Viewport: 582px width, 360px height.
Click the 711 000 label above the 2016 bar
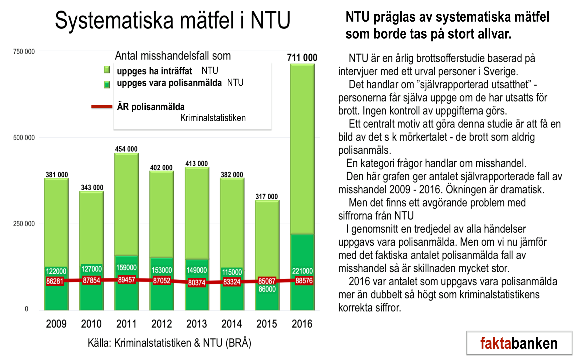click(302, 58)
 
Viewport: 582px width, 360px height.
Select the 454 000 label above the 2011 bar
click(126, 149)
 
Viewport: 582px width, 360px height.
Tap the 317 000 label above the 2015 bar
click(266, 197)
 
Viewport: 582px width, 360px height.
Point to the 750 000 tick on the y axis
click(24, 52)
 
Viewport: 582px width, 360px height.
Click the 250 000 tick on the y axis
click(24, 224)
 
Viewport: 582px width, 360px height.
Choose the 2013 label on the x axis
click(196, 324)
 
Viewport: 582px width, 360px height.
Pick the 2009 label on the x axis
click(56, 324)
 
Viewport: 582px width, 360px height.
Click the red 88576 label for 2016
click(304, 281)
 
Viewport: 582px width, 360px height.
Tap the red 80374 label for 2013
click(196, 282)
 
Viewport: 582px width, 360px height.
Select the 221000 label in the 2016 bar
click(302, 271)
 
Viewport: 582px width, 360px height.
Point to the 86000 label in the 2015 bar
click(267, 289)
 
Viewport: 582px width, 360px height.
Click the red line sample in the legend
click(102, 107)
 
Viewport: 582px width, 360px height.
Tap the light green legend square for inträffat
click(107, 70)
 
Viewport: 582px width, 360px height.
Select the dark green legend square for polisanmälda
click(107, 85)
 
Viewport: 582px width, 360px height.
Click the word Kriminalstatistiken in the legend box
click(213, 118)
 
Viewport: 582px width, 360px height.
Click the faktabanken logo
click(519, 343)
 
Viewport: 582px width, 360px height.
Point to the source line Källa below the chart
click(169, 343)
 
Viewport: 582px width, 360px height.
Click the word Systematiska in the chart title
click(114, 20)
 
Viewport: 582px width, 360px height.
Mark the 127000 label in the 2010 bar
click(91, 269)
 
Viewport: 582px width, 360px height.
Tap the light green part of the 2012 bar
click(161, 213)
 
